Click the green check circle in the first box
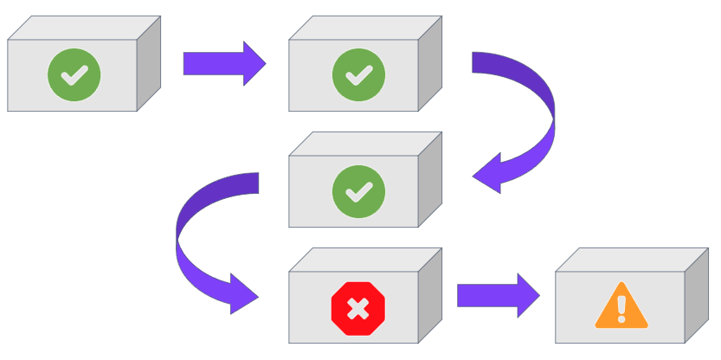pyautogui.click(x=74, y=75)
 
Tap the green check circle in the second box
pyautogui.click(x=354, y=75)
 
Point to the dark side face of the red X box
pyautogui.click(x=430, y=295)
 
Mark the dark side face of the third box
pyautogui.click(x=430, y=179)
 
